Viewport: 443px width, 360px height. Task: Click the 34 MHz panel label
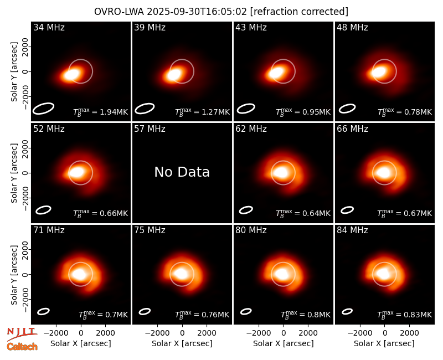click(x=49, y=27)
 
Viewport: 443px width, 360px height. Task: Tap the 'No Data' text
click(x=182, y=172)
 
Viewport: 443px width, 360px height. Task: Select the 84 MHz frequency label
click(x=352, y=230)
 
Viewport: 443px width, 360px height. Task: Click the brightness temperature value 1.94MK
click(x=110, y=112)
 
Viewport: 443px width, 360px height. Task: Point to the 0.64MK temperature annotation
click(x=312, y=213)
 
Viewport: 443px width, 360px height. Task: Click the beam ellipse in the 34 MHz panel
click(x=43, y=109)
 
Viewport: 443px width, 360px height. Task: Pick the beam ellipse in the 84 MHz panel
click(x=347, y=311)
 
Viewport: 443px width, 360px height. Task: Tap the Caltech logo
click(x=22, y=347)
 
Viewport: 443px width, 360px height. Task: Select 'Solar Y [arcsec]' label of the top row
click(x=14, y=72)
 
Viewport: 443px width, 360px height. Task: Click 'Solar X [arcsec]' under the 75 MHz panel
click(x=182, y=343)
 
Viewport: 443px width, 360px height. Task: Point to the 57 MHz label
click(x=150, y=129)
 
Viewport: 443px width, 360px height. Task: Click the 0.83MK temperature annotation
click(x=414, y=315)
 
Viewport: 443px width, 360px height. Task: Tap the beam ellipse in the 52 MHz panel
click(x=43, y=210)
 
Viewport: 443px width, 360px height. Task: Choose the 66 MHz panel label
click(x=352, y=129)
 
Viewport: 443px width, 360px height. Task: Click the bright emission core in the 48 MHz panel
click(x=379, y=72)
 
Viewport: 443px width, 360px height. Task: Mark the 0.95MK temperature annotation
click(x=312, y=112)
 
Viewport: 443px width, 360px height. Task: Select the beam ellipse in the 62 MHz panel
click(x=246, y=210)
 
